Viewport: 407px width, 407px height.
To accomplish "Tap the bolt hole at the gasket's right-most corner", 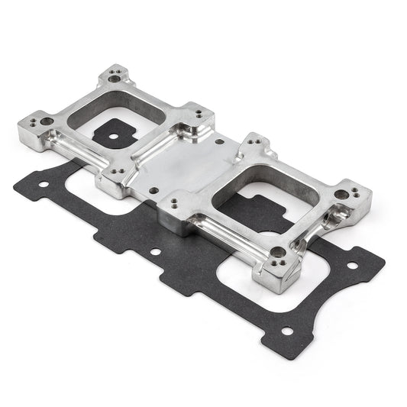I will click(352, 266).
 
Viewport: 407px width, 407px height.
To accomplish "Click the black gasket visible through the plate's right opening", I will click(252, 210).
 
